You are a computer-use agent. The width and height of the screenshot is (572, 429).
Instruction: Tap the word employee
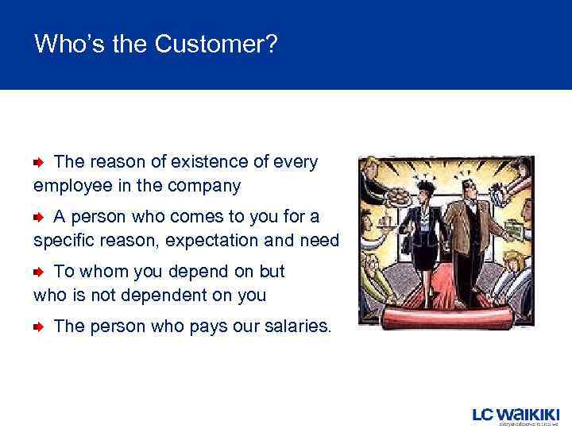point(71,187)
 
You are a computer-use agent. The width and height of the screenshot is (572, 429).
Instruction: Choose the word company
point(207,187)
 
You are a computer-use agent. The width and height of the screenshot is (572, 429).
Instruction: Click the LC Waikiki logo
point(516,415)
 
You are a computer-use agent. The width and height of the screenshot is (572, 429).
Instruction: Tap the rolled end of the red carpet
point(445,319)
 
